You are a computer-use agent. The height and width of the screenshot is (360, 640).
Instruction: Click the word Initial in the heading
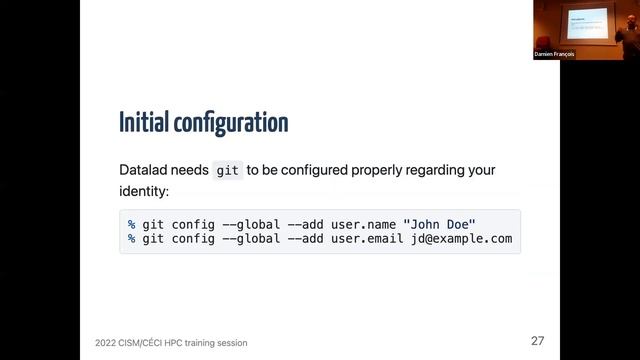(143, 123)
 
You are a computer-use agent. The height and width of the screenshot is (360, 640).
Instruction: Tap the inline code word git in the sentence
(228, 171)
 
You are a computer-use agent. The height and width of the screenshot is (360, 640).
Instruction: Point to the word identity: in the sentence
(145, 191)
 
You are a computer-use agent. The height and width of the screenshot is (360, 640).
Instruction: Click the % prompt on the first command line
(131, 223)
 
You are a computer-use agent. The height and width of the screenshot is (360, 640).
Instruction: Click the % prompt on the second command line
(131, 239)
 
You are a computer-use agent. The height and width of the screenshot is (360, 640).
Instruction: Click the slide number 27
(537, 341)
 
